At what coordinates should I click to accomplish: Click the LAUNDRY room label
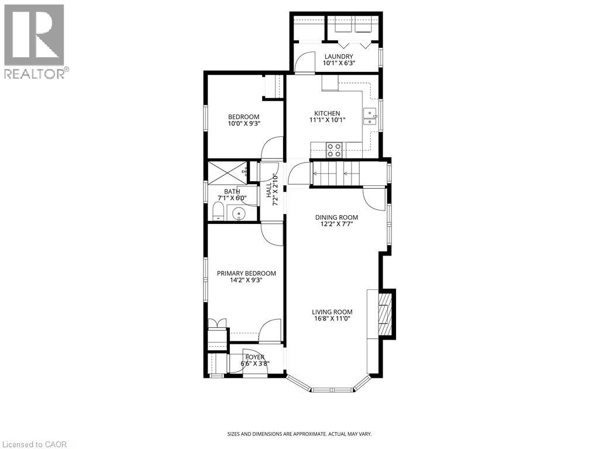click(x=339, y=57)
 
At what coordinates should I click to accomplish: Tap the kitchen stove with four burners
click(x=334, y=150)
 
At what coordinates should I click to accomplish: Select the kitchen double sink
click(x=370, y=117)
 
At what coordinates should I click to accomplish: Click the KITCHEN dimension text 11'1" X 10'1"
click(x=328, y=120)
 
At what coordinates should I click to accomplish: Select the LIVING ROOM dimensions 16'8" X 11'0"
click(x=332, y=319)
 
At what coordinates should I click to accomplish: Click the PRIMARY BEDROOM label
click(x=246, y=273)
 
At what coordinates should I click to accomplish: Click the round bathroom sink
click(x=240, y=214)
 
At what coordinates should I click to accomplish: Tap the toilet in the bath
click(x=218, y=212)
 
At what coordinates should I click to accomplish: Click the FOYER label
click(x=254, y=357)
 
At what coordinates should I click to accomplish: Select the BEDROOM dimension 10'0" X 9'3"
click(x=244, y=123)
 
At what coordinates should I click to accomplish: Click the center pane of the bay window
click(x=331, y=389)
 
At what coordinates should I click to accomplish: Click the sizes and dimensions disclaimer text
click(x=299, y=434)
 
